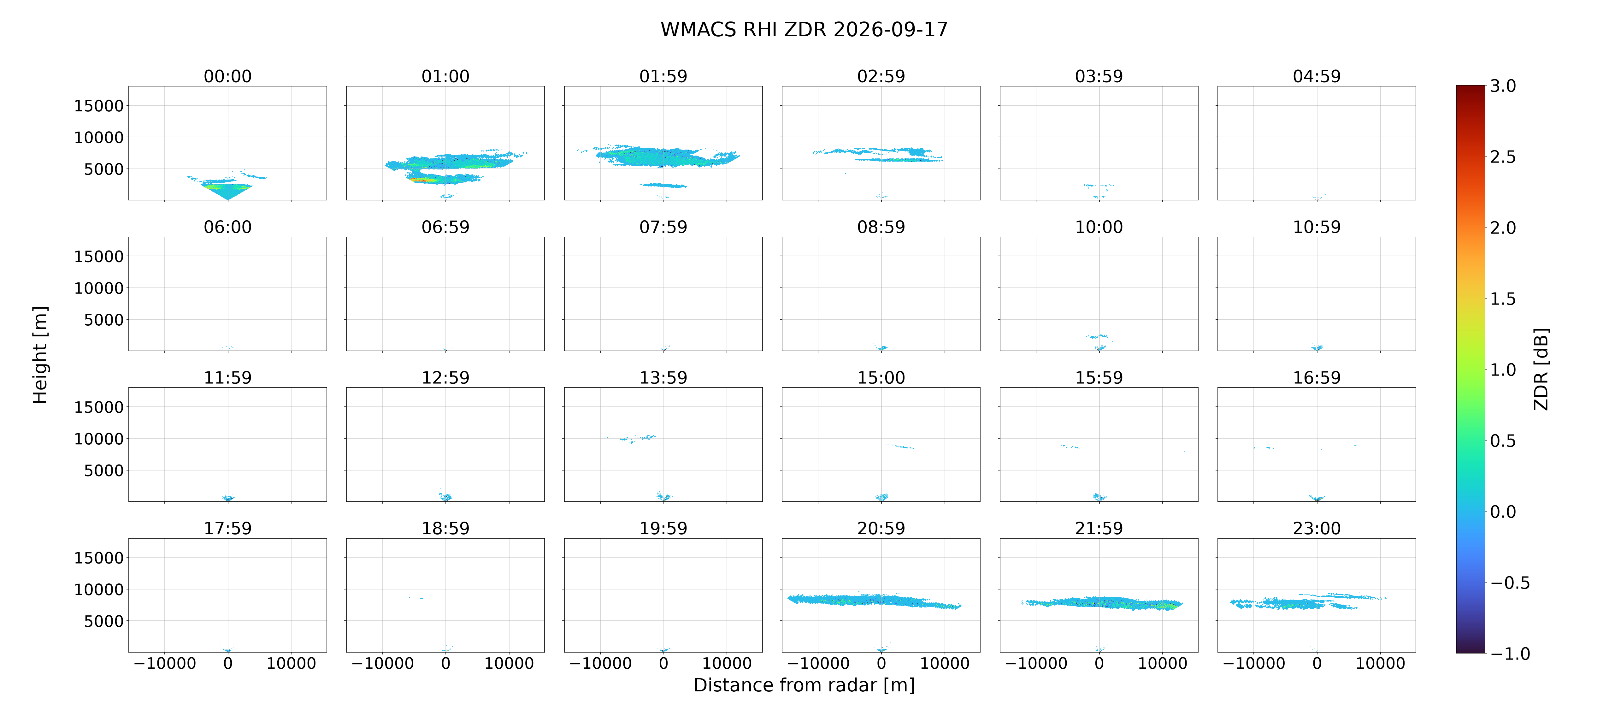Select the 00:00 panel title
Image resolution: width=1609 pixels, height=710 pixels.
227,76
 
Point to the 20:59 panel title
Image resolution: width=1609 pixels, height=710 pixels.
881,528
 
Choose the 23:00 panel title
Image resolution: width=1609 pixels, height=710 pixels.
1317,528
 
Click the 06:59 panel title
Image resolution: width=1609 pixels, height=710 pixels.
445,227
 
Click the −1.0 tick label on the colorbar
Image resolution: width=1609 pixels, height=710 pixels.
1510,654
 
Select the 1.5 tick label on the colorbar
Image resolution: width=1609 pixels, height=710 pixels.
1503,299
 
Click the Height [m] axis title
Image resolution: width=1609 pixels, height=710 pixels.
40,355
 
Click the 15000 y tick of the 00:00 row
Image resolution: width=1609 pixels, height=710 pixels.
99,106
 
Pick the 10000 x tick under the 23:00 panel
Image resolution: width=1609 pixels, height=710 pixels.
1380,663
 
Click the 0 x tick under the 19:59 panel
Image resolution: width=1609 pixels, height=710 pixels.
663,663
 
